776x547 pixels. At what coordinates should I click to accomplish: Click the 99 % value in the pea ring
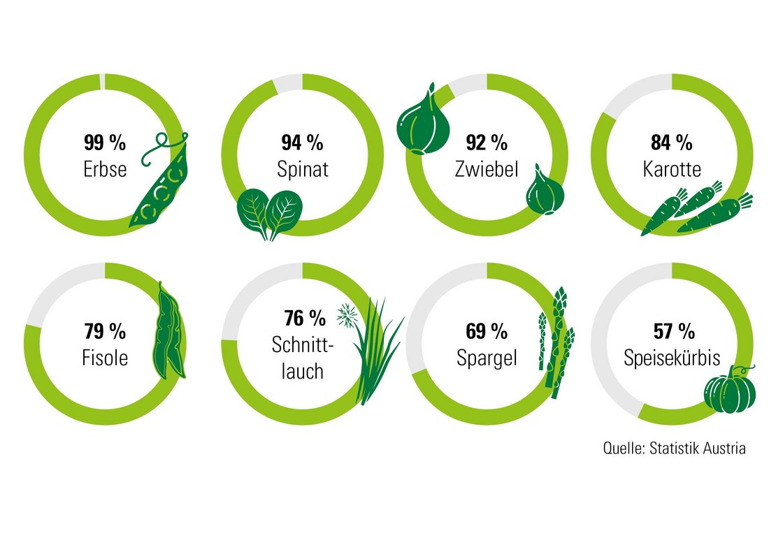[x=105, y=143]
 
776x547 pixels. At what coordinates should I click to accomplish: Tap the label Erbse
[x=105, y=169]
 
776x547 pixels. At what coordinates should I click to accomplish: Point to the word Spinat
[x=302, y=169]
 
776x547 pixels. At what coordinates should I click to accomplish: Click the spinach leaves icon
[x=269, y=212]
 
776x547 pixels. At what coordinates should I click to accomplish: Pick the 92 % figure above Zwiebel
[x=487, y=143]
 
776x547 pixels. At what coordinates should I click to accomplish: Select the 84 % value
[x=671, y=143]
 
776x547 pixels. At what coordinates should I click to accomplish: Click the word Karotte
[x=671, y=169]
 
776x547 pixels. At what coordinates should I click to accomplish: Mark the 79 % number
[x=105, y=331]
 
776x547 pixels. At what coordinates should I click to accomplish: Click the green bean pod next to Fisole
[x=168, y=331]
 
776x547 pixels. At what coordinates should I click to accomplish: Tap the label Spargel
[x=487, y=358]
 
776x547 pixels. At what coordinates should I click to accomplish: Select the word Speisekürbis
[x=671, y=358]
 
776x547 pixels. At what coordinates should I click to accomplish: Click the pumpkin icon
[x=730, y=391]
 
